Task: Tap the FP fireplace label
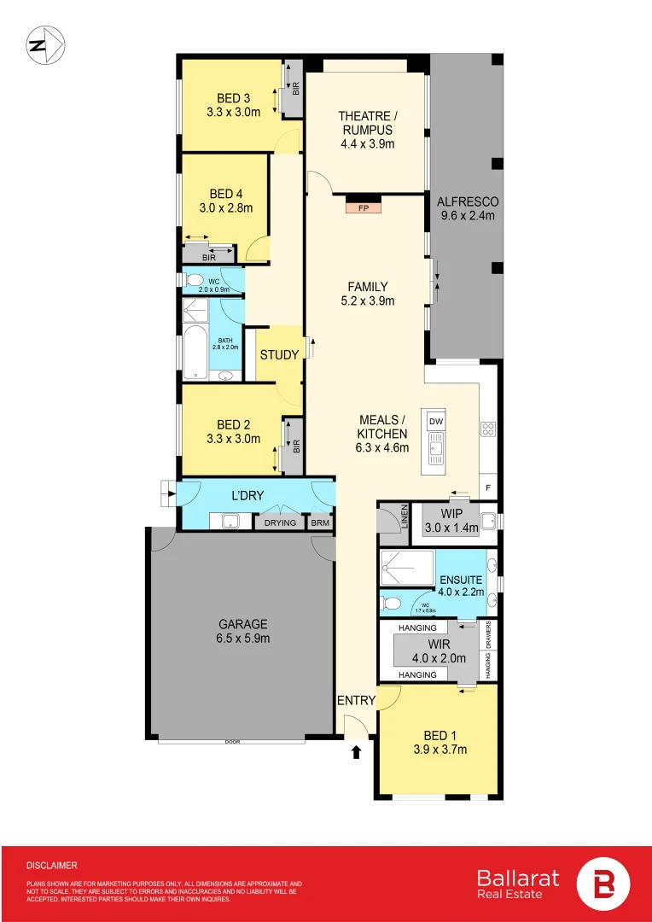point(363,207)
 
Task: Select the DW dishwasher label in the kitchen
point(436,422)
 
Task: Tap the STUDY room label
point(279,355)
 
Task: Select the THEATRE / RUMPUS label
point(367,130)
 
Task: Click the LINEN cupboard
point(393,522)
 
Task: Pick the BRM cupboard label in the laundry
point(319,522)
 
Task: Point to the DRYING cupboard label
point(279,522)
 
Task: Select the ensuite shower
point(408,567)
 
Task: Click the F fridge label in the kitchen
point(488,487)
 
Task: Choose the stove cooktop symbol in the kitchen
point(489,429)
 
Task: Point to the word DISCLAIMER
point(52,865)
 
